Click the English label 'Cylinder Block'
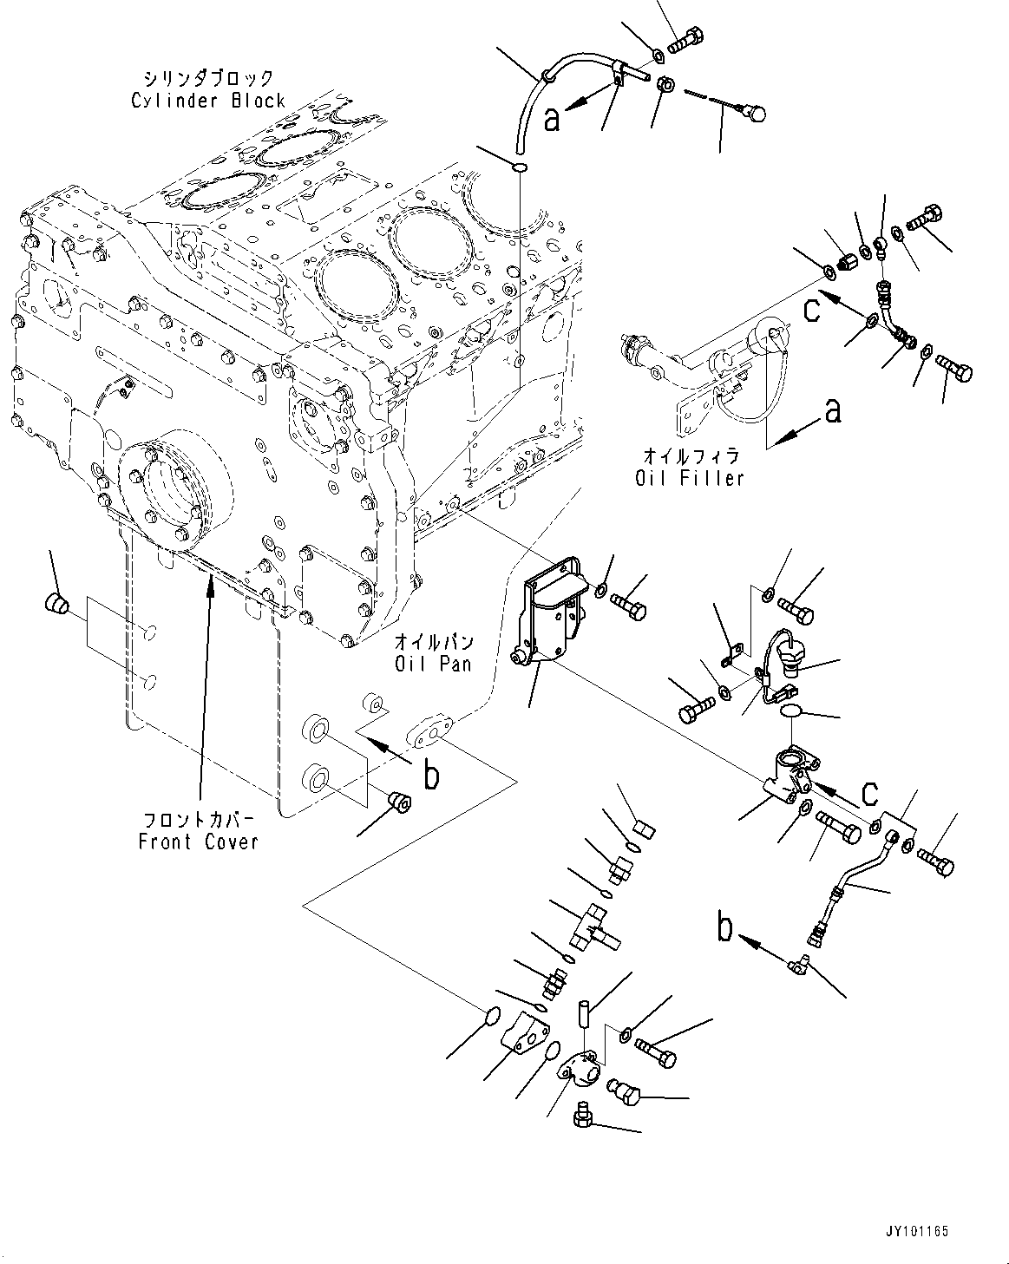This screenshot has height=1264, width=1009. click(208, 101)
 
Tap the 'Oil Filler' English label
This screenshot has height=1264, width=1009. click(690, 478)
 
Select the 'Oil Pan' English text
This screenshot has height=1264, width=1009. click(433, 664)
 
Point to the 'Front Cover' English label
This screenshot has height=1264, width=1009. click(199, 842)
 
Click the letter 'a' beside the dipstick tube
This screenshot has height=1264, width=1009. click(552, 119)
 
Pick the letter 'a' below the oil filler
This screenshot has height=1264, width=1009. click(833, 410)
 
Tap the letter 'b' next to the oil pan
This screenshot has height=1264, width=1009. click(432, 775)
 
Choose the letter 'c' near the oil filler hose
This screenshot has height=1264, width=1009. click(812, 310)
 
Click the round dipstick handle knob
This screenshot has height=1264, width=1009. click(757, 113)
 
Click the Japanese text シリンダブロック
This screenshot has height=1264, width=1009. click(209, 78)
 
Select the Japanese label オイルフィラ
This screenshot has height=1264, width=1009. click(691, 455)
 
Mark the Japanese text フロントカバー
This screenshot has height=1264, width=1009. click(199, 819)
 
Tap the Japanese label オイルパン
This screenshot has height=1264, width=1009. click(434, 641)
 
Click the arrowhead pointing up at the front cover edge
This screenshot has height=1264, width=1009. click(210, 584)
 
